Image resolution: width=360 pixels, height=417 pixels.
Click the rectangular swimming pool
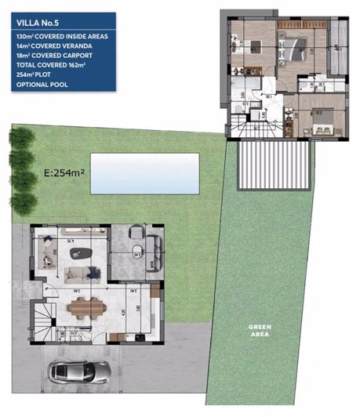pyautogui.click(x=144, y=173)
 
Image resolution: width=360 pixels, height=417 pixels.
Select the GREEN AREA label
pyautogui.click(x=260, y=330)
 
